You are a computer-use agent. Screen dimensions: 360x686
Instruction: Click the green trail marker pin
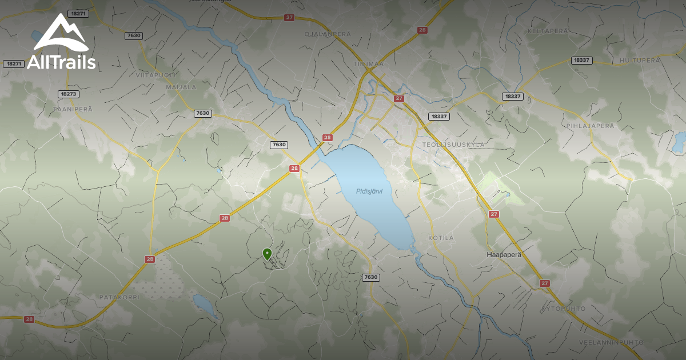coord(266,254)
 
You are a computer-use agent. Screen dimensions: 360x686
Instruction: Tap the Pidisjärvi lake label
coord(369,191)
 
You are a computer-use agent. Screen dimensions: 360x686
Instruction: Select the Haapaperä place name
coord(504,254)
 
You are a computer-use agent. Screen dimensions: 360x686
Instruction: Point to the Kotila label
coord(441,238)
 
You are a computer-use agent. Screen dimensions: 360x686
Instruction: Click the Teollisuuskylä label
coord(453,145)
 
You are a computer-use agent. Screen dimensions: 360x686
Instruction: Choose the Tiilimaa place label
coord(369,64)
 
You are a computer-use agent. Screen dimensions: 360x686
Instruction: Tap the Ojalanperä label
coord(328,34)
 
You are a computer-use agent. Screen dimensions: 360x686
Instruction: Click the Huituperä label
coord(640,60)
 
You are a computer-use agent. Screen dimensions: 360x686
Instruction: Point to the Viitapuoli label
coord(155,75)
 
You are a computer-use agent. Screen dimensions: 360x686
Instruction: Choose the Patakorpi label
coord(120,297)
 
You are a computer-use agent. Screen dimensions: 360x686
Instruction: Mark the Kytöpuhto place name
coord(564,309)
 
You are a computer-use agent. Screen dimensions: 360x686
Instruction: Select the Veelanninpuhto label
coord(612,342)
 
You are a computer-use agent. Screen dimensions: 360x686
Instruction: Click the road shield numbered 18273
coord(68,94)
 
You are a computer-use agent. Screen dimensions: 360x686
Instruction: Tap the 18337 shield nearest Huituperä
coord(581,60)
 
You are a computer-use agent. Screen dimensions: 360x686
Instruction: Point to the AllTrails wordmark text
coord(61,62)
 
